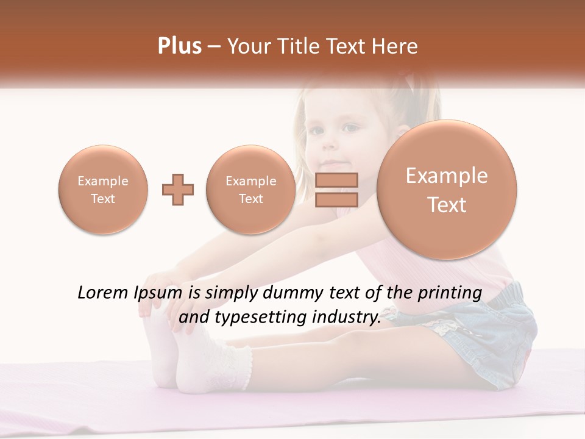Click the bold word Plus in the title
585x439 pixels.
click(x=179, y=46)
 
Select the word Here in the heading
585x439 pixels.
click(x=395, y=46)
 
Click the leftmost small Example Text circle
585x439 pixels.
click(x=102, y=190)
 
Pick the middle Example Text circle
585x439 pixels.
click(x=250, y=190)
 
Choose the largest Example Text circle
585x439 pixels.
click(x=447, y=190)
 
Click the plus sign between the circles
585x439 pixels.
click(x=178, y=190)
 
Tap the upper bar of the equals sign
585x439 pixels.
click(x=336, y=180)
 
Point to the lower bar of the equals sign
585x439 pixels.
click(x=336, y=199)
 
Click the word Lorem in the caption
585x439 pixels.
click(x=103, y=293)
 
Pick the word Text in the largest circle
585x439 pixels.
click(x=447, y=205)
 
